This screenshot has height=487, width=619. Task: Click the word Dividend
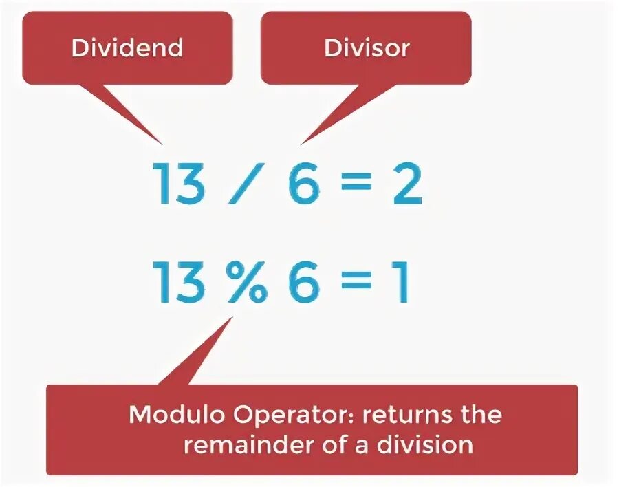127,47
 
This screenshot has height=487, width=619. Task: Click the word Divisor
367,47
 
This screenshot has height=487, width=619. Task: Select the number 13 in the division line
180,184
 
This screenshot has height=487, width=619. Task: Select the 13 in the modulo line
180,282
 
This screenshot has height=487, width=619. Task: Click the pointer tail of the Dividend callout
131,113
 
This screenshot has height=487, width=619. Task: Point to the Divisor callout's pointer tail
327,113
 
